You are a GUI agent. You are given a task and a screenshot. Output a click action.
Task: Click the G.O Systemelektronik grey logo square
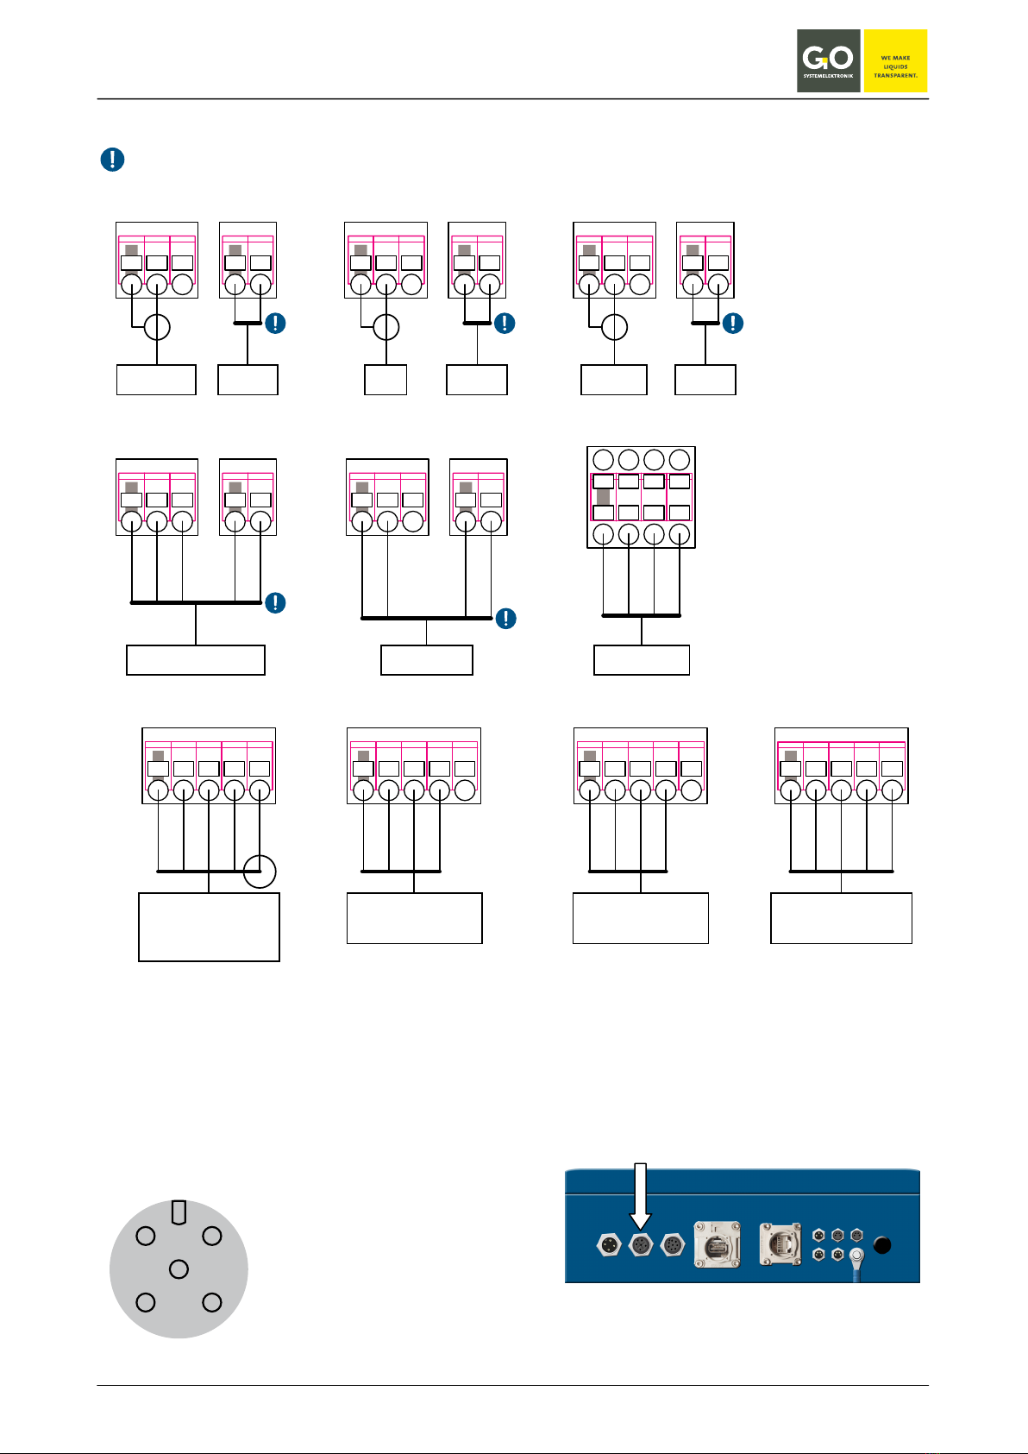tap(828, 60)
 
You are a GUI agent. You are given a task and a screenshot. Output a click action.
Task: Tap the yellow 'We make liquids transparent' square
tap(895, 60)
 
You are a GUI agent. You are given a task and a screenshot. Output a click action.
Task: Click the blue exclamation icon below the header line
tap(112, 160)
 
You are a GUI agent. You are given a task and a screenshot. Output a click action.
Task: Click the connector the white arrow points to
tap(641, 1245)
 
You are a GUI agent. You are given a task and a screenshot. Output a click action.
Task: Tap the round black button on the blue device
tap(882, 1245)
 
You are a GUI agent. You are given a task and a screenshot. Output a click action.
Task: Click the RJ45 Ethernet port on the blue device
tap(780, 1245)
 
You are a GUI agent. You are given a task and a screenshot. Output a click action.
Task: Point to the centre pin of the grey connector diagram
tap(179, 1268)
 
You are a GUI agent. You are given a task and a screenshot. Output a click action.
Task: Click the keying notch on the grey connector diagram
tap(179, 1212)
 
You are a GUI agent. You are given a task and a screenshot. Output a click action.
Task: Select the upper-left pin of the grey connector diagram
tap(146, 1236)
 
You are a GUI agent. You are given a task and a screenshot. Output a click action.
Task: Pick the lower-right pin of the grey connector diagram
tap(211, 1302)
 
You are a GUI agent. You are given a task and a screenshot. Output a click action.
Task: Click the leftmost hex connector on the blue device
tap(610, 1245)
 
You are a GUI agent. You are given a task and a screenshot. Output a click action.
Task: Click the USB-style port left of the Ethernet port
tap(718, 1245)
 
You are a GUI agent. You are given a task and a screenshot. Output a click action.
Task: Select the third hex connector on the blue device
tap(672, 1245)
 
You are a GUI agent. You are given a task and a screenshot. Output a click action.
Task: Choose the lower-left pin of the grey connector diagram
tap(146, 1302)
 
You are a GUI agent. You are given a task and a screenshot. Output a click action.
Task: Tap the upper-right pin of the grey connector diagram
tap(211, 1236)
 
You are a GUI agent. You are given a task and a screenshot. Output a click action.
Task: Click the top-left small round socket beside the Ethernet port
tap(818, 1236)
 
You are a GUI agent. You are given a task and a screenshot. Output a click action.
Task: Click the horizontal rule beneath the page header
tap(512, 99)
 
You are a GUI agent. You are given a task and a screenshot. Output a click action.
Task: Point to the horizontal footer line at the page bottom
tap(512, 1386)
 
